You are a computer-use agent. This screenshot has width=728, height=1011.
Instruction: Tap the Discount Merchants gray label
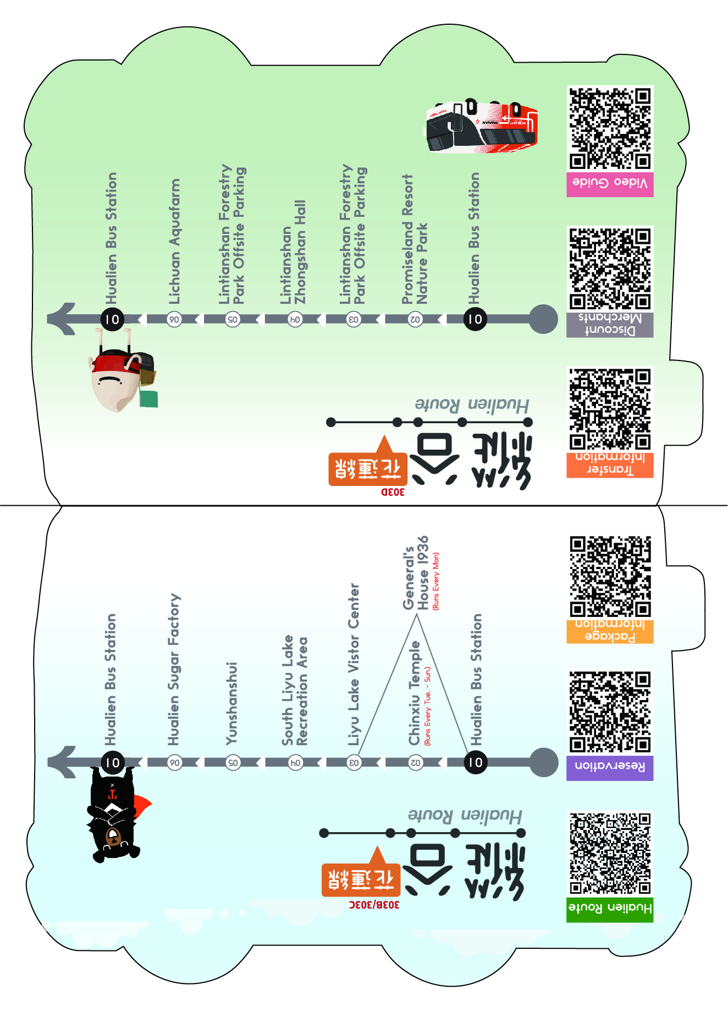point(610,325)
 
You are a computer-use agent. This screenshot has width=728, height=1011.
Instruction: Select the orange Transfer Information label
point(610,464)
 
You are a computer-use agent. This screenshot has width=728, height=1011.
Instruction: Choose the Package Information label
point(610,631)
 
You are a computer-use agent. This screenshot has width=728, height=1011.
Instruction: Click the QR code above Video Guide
point(610,128)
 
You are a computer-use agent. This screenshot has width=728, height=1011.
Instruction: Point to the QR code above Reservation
point(610,711)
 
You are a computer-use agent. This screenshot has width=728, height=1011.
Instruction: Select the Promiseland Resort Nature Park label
point(415,239)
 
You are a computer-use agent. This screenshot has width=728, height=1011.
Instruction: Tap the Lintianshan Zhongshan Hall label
point(293,252)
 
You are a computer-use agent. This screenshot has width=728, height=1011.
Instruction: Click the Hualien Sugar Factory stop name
point(174,669)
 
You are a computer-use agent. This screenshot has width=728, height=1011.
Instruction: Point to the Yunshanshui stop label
point(232,703)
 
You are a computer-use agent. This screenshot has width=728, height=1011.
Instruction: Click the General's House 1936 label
point(416,573)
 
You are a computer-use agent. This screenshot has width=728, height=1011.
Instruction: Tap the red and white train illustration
point(481,127)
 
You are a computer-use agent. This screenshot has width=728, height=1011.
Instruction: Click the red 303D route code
point(393,491)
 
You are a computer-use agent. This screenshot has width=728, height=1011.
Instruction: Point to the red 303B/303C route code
point(374,904)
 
